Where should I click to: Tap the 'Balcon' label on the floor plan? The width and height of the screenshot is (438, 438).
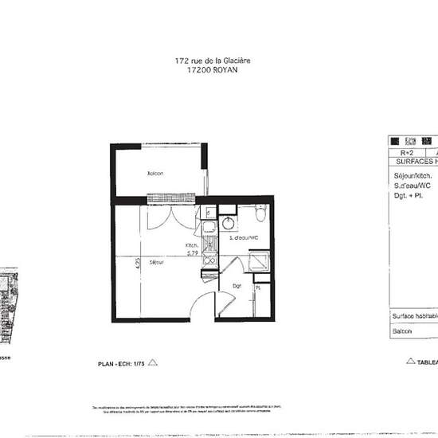[x=154, y=173]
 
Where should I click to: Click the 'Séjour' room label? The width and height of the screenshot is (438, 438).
[x=156, y=262]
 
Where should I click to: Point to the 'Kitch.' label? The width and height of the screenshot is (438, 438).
[x=191, y=245]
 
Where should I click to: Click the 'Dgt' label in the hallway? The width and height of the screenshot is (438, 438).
[x=237, y=285]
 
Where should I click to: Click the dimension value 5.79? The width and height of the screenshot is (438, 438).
[x=192, y=253]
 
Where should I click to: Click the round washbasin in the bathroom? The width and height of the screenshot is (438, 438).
[x=228, y=221]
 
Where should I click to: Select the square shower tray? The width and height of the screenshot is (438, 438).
[x=259, y=262]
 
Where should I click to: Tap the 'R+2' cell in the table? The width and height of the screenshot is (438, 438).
[x=406, y=151]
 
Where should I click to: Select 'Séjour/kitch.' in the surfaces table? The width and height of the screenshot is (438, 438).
[x=413, y=175]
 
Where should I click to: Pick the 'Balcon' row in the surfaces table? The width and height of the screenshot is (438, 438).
[x=403, y=333]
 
